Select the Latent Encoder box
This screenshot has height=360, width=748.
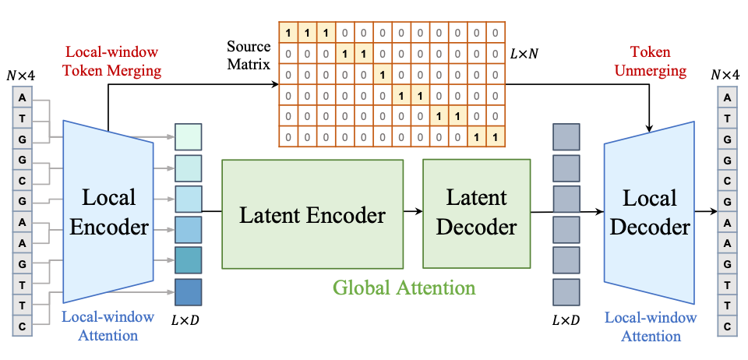312,214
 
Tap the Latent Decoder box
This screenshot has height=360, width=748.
476,213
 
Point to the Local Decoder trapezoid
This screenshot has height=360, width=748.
649,212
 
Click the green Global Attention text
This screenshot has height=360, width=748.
404,288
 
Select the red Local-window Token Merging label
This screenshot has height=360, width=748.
113,62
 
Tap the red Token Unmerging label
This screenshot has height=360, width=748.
659,62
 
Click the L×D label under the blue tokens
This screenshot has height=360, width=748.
186,320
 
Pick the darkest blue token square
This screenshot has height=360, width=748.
188,291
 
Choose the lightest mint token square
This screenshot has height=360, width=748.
188,137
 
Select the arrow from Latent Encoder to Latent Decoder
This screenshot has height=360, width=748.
413,210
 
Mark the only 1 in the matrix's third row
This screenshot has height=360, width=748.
382,76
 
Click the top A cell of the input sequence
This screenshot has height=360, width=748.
23,98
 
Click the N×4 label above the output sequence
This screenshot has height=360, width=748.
727,75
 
